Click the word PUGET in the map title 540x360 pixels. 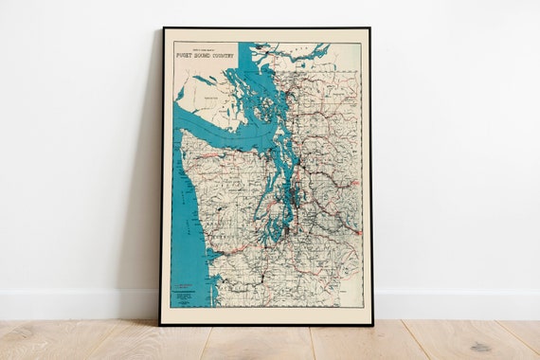point(186,55)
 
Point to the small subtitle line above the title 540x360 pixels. point(204,48)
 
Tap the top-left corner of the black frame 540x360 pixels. point(162,28)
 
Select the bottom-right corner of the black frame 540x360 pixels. point(370,324)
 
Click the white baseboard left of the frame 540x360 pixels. point(76,303)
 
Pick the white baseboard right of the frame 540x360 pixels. point(455,303)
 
